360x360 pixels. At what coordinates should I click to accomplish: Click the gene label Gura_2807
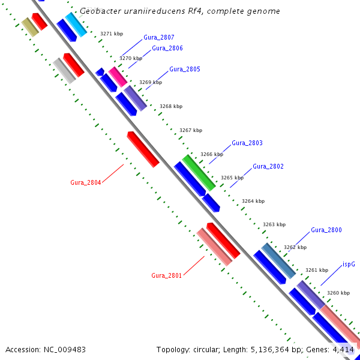coord(158,37)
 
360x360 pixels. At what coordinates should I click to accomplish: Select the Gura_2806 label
coord(167,48)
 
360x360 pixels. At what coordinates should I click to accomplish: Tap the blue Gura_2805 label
coord(184,69)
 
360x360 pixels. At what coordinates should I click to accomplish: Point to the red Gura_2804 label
coord(85,182)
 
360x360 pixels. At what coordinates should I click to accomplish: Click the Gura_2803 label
coord(247,143)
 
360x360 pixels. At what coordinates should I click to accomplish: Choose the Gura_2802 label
coord(268,166)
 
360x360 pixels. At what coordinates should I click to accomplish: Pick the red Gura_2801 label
coord(166,275)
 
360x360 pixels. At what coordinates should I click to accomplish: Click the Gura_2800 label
coord(326,230)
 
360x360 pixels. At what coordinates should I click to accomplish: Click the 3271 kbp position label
coord(112,34)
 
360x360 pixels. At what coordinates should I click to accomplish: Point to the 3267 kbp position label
coord(191,130)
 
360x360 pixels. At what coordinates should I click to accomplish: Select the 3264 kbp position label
coord(253,202)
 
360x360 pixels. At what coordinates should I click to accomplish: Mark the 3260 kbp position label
coord(338,293)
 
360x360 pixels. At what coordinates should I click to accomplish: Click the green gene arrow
coord(199,172)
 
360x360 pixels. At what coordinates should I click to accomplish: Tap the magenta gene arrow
coord(118,77)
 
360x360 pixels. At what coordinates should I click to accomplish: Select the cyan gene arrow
coord(76,24)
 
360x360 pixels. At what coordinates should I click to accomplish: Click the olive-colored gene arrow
coord(29,26)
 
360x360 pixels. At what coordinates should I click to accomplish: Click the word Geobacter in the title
coord(100,11)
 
